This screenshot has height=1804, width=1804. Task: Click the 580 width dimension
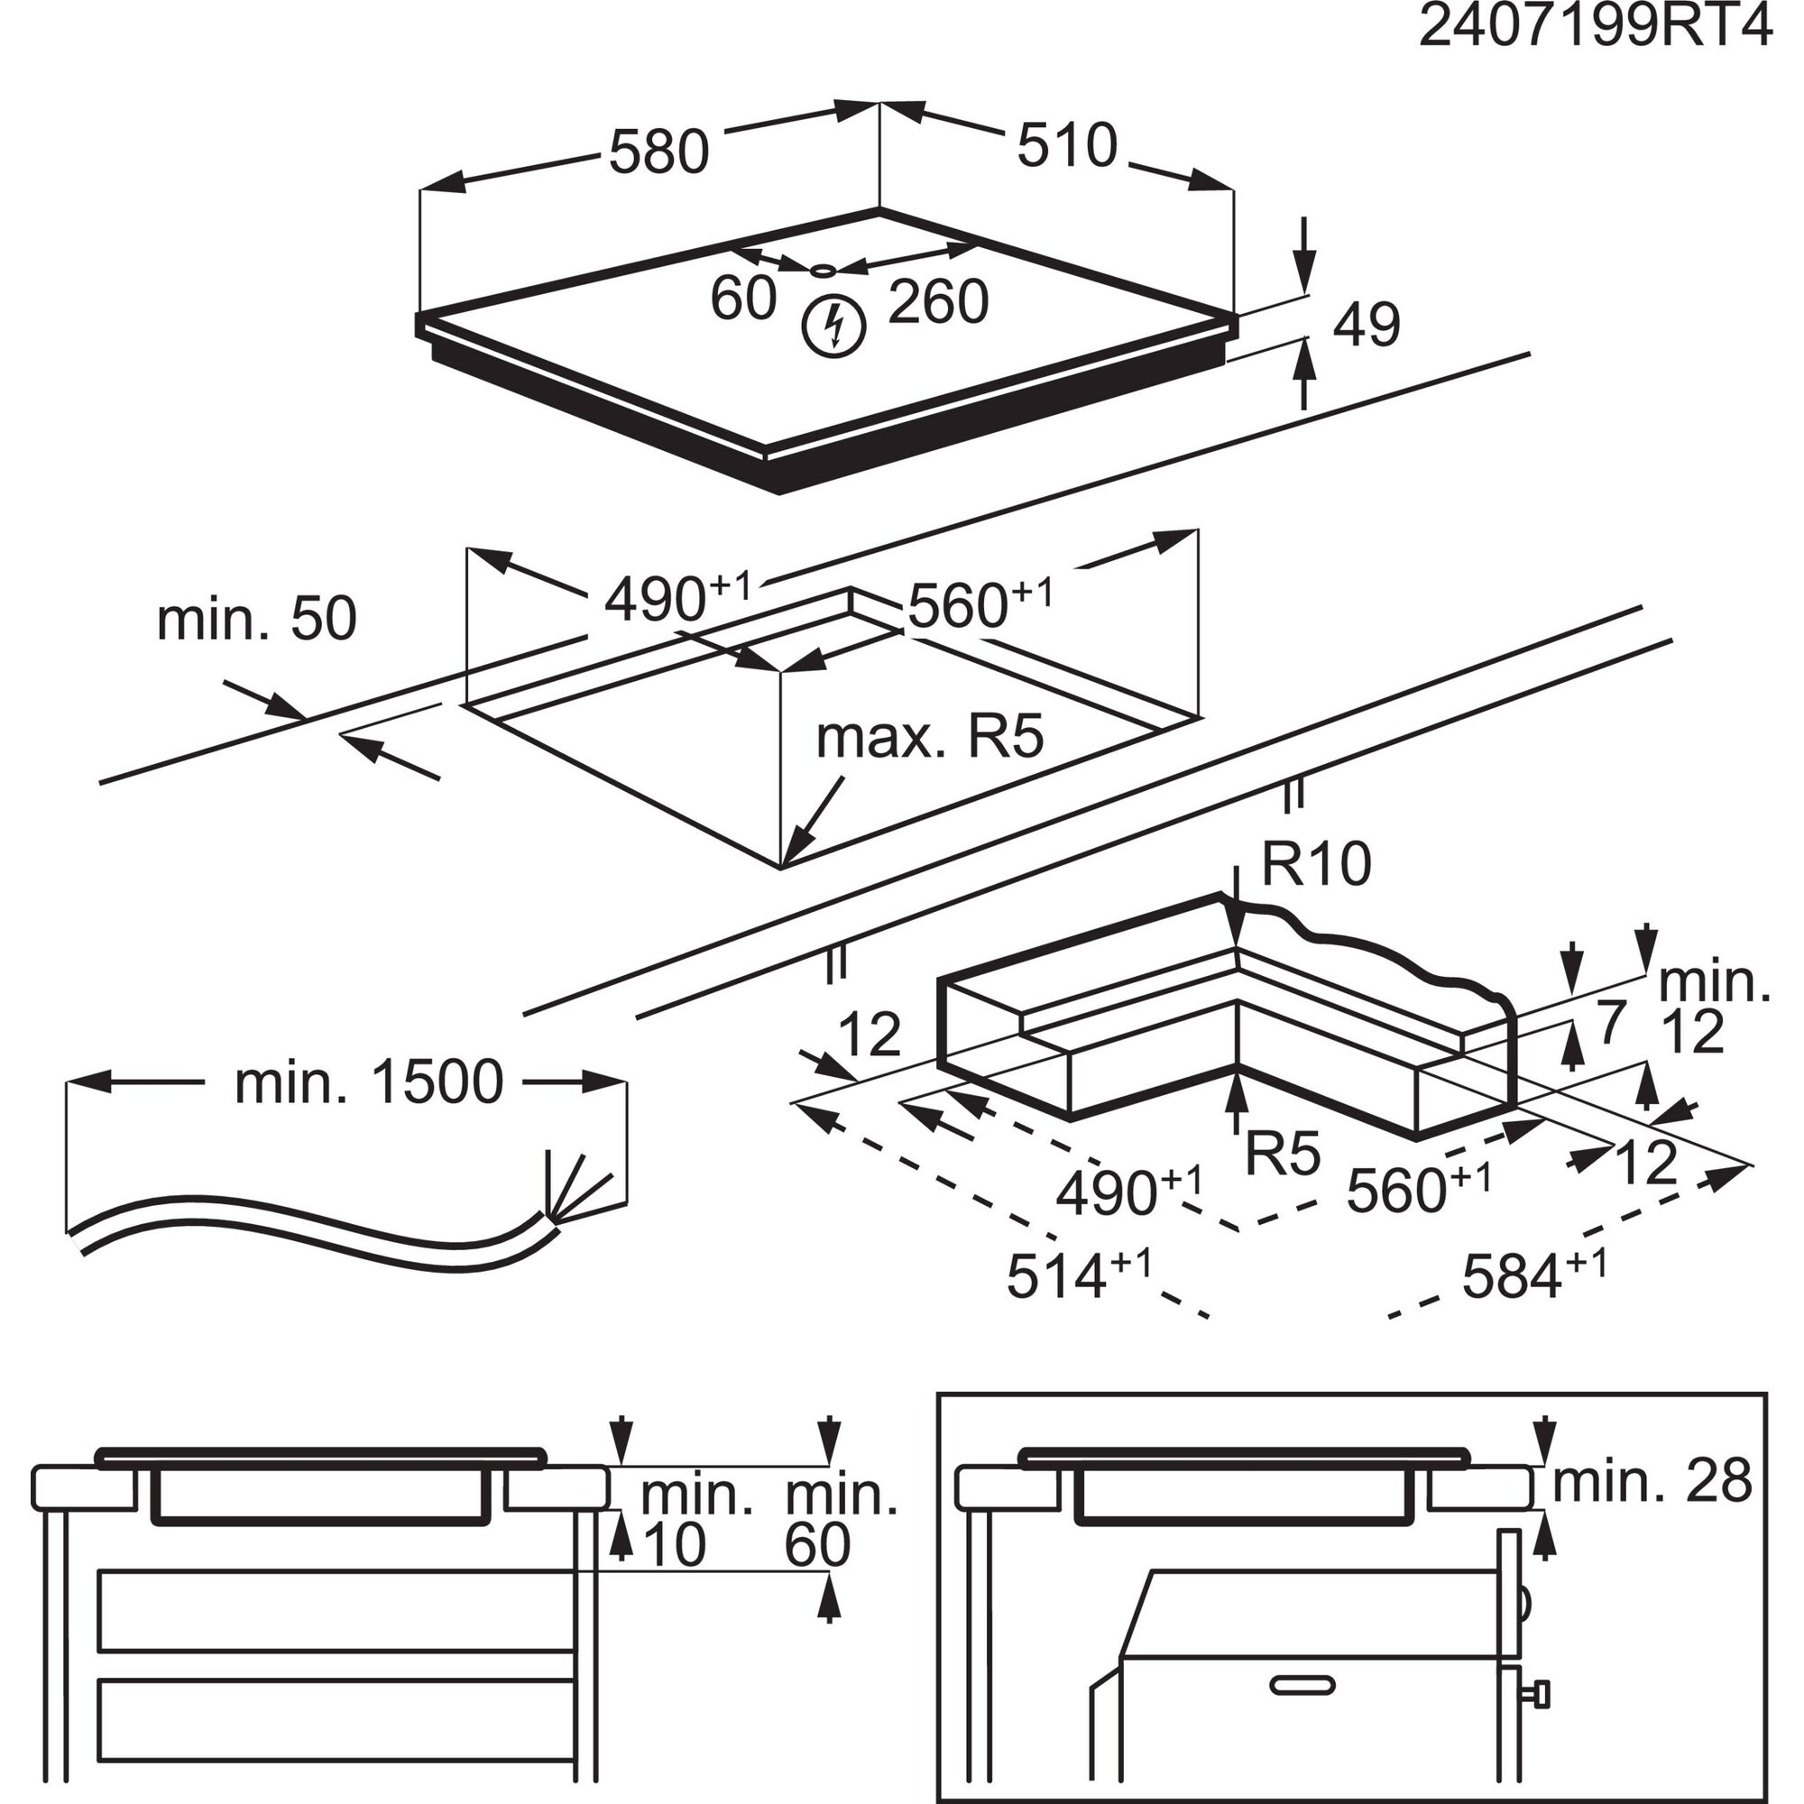click(659, 152)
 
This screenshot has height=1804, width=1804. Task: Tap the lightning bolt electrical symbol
click(834, 325)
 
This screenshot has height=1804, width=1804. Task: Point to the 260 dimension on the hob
click(937, 301)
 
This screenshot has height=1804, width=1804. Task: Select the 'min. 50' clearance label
click(257, 619)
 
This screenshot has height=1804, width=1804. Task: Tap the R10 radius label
click(1317, 864)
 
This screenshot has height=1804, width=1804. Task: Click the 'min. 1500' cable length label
click(369, 1082)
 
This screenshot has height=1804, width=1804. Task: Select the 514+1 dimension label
click(1079, 1275)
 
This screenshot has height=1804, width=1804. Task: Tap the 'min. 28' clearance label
click(1652, 1482)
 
